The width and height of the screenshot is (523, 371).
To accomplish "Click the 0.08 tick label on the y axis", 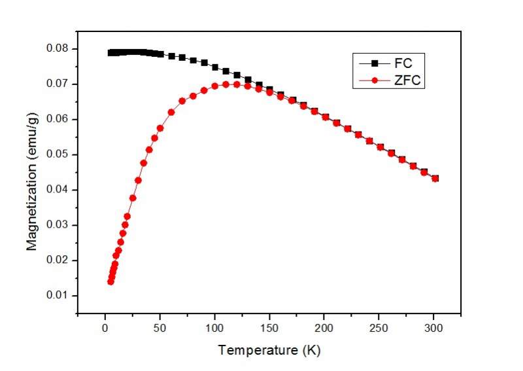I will (x=57, y=49).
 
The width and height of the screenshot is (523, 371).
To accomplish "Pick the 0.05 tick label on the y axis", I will (x=57, y=154).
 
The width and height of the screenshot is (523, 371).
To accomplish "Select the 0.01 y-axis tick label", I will (x=57, y=296).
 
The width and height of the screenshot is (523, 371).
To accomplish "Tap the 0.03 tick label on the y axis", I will (x=57, y=225).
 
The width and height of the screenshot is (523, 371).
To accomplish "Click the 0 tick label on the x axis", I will (x=105, y=328).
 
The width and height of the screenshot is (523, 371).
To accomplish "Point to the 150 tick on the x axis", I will (x=269, y=328).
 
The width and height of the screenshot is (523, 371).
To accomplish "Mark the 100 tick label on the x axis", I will (x=214, y=328).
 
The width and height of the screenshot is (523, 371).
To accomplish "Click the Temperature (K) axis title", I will (x=269, y=350).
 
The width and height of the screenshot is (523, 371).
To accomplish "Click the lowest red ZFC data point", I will (x=110, y=281).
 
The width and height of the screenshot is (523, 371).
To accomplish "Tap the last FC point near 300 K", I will (x=435, y=178).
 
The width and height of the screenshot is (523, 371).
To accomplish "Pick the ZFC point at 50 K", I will (x=160, y=128).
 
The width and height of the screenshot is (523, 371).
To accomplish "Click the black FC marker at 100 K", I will (x=214, y=67).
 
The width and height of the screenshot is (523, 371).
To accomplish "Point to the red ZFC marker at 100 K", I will (x=214, y=86).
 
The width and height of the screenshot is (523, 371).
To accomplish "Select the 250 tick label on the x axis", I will (x=379, y=328).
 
